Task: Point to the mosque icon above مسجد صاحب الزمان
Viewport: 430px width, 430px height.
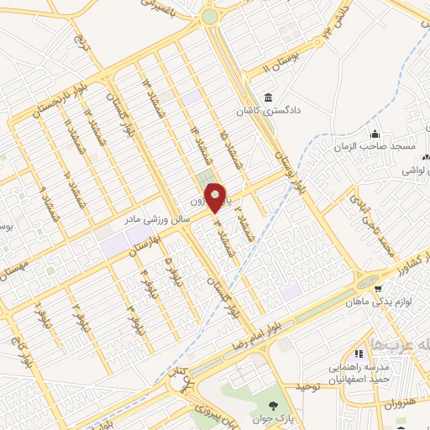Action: pyautogui.click(x=375, y=134)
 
